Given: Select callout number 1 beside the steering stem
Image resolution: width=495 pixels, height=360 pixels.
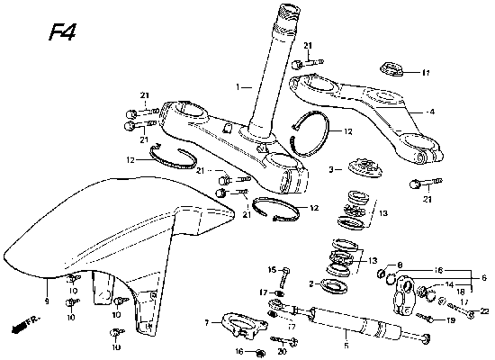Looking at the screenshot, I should point(238,88).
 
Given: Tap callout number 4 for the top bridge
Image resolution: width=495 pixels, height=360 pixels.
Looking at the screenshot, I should point(431,112).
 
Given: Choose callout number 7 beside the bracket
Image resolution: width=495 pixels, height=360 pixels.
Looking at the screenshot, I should point(206,321).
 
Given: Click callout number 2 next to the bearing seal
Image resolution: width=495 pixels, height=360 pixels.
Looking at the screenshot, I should point(310,284).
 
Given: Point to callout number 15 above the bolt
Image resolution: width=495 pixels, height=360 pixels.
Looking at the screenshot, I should point(269,270).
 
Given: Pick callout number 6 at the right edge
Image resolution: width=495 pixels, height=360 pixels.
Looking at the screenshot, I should point(484,279).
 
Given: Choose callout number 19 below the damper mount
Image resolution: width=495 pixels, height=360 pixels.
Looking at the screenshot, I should point(451,320).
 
